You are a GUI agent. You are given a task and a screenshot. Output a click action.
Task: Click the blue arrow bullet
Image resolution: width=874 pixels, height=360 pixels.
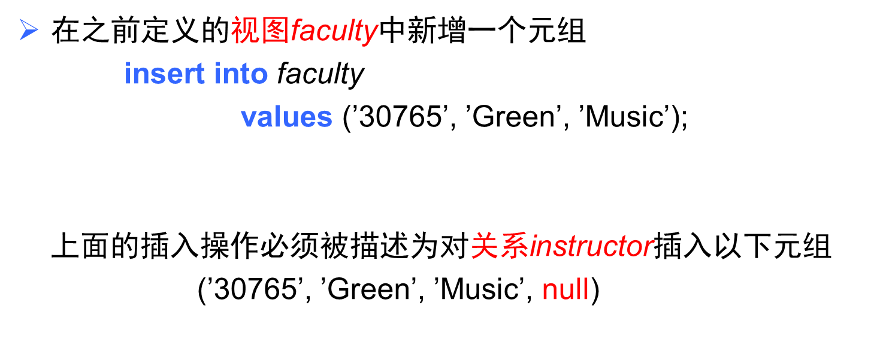point(28,29)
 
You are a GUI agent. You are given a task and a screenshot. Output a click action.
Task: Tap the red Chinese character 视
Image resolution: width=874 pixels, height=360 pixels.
point(246,31)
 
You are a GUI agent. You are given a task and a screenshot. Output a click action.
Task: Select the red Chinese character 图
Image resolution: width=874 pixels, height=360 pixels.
point(276,31)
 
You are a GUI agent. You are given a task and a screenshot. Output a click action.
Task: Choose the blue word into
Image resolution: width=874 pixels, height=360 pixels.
point(241,74)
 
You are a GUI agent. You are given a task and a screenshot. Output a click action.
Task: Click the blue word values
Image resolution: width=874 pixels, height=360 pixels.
point(286,117)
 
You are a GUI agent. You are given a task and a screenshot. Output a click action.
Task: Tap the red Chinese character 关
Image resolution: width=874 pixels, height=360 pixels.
point(485,246)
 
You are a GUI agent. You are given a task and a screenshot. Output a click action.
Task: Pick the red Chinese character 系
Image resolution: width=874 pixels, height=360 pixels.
point(515,246)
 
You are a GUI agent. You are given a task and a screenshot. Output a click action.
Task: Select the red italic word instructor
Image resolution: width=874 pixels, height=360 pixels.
point(591,246)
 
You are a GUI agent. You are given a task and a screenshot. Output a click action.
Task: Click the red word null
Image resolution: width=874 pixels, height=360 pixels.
point(565,289)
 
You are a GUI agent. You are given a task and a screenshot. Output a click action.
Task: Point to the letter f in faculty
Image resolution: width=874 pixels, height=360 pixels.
point(297,31)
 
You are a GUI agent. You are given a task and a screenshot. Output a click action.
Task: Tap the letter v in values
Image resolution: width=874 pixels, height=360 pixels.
point(248,118)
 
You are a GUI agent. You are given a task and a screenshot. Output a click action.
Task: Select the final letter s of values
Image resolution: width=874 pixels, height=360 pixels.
point(325,118)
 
